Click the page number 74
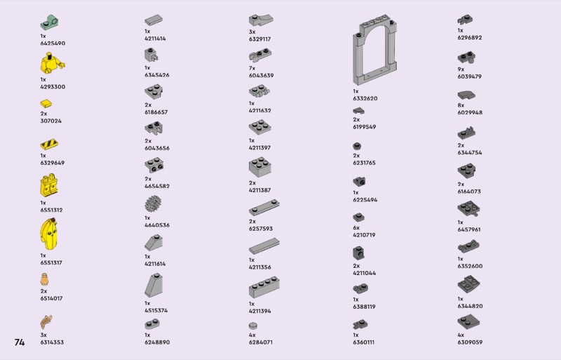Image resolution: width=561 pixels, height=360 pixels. click(x=19, y=342)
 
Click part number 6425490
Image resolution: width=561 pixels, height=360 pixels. click(x=53, y=44)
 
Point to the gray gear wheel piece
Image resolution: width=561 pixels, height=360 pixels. click(x=153, y=205)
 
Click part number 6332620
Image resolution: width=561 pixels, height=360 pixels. click(x=365, y=98)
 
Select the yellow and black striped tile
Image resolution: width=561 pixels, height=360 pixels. click(x=48, y=145)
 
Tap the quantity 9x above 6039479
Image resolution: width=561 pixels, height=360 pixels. click(x=461, y=69)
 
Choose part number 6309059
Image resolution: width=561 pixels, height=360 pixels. click(x=470, y=342)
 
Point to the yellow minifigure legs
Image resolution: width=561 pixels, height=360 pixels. click(x=49, y=186)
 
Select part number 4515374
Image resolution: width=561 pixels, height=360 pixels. click(x=157, y=310)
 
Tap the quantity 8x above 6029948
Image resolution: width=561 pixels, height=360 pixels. click(x=461, y=105)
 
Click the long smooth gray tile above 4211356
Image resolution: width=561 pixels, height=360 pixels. click(x=263, y=246)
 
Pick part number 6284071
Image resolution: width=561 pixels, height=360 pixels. click(x=261, y=342)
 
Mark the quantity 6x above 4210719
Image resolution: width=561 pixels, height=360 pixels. click(x=356, y=227)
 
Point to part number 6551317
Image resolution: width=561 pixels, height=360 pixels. click(x=51, y=262)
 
